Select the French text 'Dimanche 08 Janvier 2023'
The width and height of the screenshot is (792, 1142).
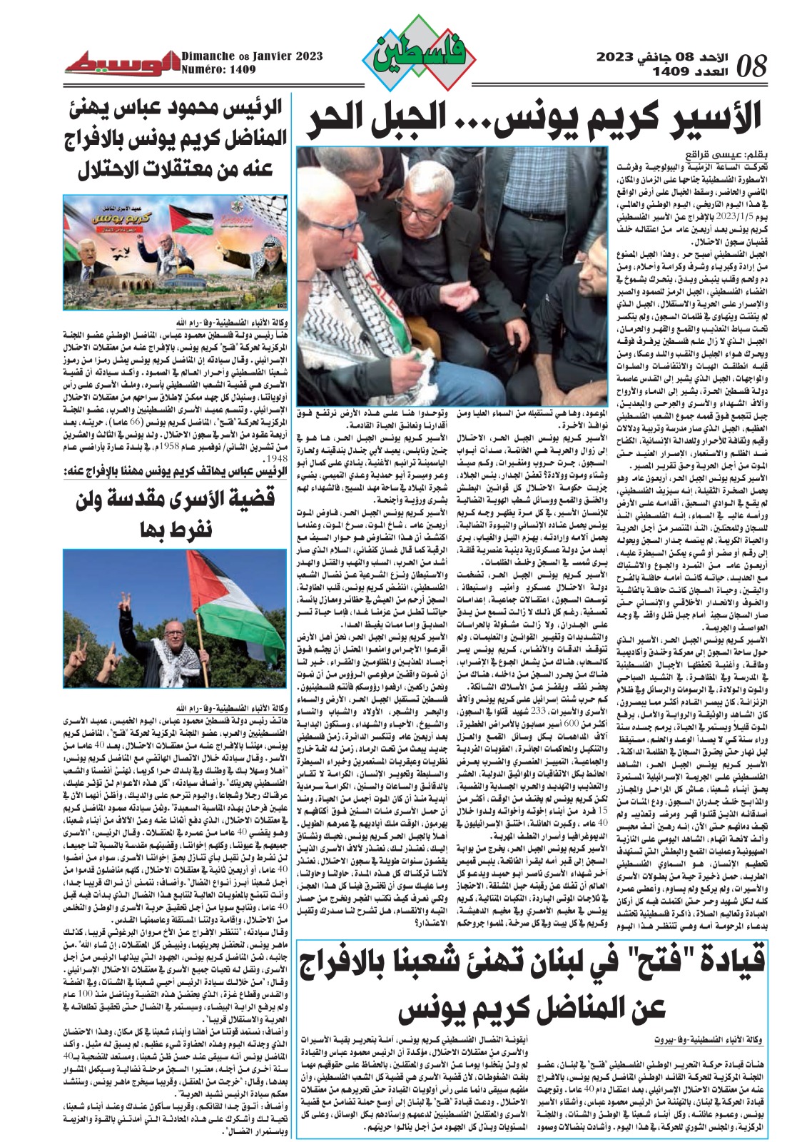(x=251, y=56)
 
